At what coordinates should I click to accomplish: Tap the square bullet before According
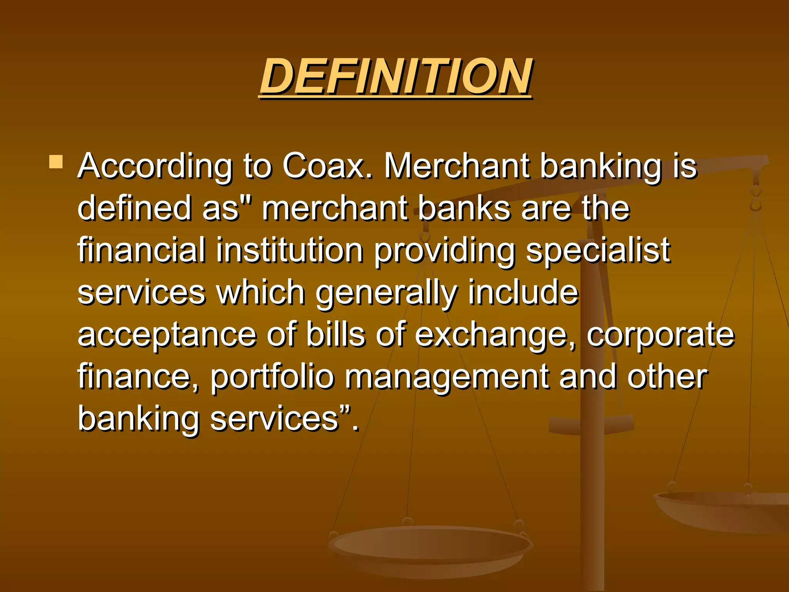pyautogui.click(x=56, y=162)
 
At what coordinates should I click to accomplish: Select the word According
pyautogui.click(x=155, y=166)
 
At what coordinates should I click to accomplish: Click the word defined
pyautogui.click(x=134, y=208)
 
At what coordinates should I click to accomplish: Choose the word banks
pyautogui.click(x=464, y=208)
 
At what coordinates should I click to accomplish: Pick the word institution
pyautogui.click(x=289, y=250)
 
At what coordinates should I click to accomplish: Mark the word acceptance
pyautogui.click(x=167, y=335)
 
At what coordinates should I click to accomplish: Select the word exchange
pyautogui.click(x=495, y=335)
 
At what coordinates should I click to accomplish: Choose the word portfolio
pyautogui.click(x=272, y=377)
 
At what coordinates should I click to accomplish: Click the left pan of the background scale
pyautogui.click(x=430, y=547)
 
